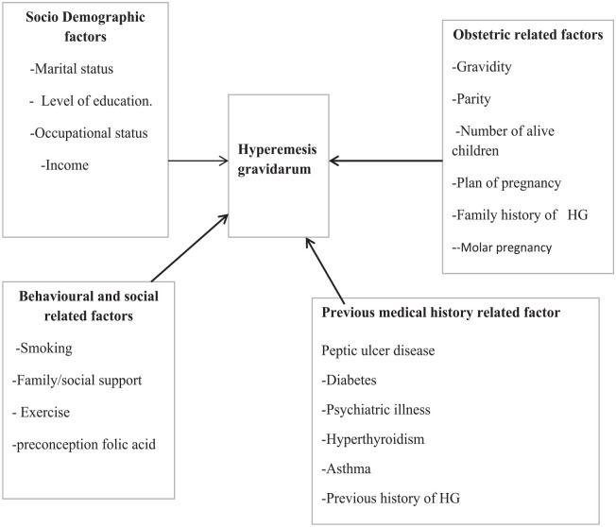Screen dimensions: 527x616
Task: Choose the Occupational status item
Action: point(81,133)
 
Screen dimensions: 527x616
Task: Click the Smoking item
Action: point(44,348)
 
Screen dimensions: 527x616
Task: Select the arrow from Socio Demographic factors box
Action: point(199,161)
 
